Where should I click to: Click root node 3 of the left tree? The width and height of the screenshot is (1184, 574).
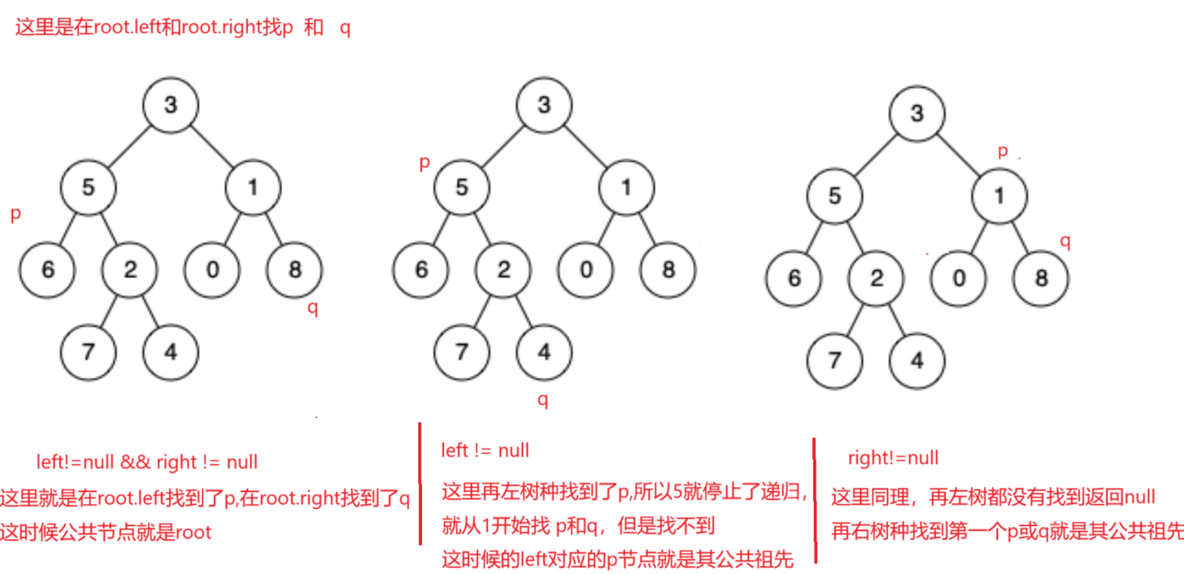(171, 105)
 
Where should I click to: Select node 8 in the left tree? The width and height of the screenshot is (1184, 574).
(294, 269)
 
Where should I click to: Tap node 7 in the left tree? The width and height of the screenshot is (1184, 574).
(89, 351)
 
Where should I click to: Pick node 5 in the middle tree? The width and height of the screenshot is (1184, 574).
(462, 188)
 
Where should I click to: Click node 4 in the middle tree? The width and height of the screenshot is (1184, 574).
(544, 351)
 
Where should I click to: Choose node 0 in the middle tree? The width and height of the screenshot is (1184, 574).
(585, 269)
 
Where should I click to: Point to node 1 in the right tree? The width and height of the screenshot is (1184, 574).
(999, 196)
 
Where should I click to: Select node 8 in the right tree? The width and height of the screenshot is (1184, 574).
(1041, 279)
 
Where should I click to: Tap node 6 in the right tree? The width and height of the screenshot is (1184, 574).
(794, 279)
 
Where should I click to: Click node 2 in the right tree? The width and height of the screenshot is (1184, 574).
(876, 279)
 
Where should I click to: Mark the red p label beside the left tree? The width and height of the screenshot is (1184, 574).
(15, 215)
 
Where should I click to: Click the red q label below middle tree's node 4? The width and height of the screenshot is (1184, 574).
(543, 400)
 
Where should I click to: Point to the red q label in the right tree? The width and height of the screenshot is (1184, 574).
(1065, 241)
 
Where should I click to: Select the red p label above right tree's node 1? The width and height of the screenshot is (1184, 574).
(1003, 151)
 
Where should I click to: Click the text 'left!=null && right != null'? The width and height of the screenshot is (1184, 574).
(147, 463)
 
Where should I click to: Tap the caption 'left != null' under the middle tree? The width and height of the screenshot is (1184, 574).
(485, 450)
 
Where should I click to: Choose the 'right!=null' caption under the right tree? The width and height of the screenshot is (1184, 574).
(893, 458)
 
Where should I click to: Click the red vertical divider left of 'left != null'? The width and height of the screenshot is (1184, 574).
(420, 484)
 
